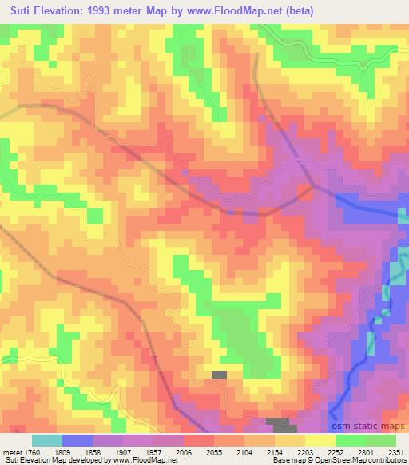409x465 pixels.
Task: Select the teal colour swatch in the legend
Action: (47, 440)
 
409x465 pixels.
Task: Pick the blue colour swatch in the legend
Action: (77, 440)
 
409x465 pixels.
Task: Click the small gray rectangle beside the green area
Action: (219, 374)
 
